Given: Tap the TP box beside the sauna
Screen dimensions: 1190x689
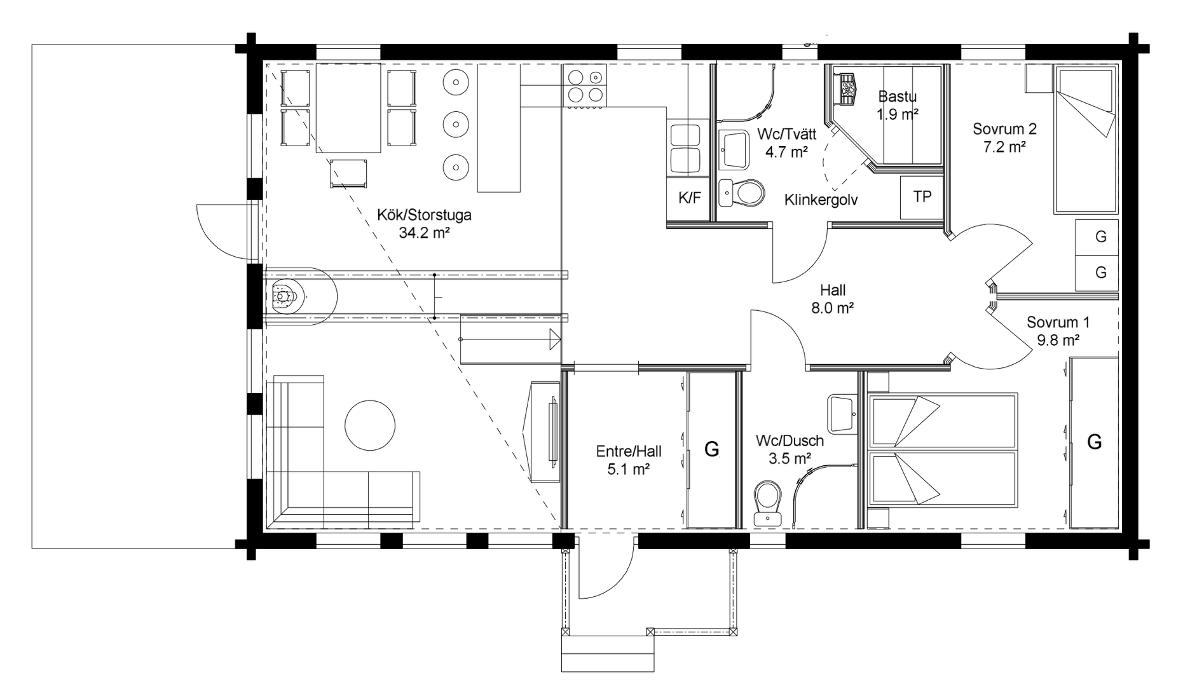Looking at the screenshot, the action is click(922, 198).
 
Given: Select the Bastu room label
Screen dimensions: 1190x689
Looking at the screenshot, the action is click(897, 97).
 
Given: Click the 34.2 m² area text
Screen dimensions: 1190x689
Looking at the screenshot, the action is click(424, 233).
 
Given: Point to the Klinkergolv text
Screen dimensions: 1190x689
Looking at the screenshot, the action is click(821, 200).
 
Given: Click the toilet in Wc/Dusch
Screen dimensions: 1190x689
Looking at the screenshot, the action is click(769, 503).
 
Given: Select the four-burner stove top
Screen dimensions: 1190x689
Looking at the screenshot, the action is click(584, 86).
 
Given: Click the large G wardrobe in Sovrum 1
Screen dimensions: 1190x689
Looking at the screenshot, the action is click(1094, 442).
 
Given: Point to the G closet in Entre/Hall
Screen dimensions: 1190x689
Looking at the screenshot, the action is click(711, 449).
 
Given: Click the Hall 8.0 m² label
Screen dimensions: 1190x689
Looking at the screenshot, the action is click(832, 299).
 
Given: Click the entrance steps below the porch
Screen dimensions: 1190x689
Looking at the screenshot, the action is click(608, 653).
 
